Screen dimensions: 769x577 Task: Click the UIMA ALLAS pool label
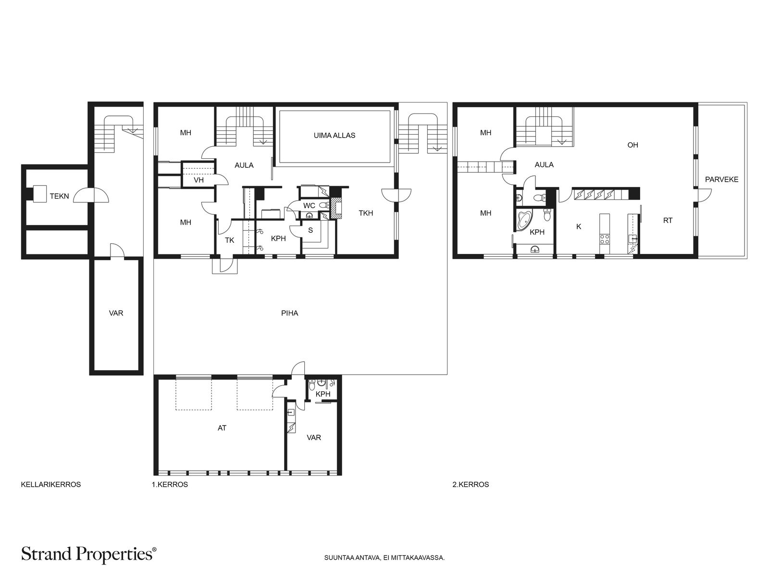click(x=334, y=136)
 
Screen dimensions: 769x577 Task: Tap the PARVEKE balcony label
click(x=722, y=179)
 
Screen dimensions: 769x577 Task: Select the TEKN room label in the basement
click(x=59, y=196)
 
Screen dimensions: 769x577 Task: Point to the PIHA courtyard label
click(x=290, y=313)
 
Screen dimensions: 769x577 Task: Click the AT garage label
click(x=222, y=428)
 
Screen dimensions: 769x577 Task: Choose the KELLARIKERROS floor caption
click(x=51, y=485)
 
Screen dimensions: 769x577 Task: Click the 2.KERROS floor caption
click(x=471, y=485)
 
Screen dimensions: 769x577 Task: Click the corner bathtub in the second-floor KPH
click(x=523, y=220)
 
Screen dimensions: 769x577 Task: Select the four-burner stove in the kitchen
click(x=605, y=239)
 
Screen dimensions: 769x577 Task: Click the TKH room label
click(x=366, y=213)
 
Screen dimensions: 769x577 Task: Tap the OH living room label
click(x=633, y=145)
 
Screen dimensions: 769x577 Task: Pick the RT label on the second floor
click(x=668, y=220)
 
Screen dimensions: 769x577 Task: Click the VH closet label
click(x=198, y=180)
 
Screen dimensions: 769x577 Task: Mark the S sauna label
click(x=310, y=230)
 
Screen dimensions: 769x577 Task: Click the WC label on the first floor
click(x=310, y=206)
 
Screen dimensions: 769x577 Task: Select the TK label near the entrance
click(x=229, y=240)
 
